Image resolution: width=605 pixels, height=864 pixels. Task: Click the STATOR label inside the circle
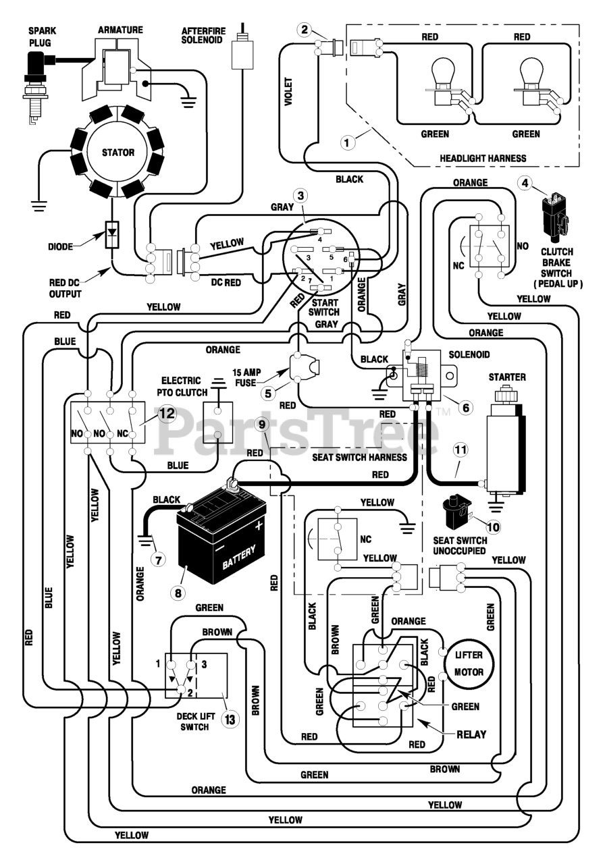coord(118,153)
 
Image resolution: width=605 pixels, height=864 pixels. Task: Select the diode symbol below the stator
coord(112,234)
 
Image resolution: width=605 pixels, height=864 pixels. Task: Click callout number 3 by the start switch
coord(300,196)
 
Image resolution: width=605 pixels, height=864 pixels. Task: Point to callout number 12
coord(167,414)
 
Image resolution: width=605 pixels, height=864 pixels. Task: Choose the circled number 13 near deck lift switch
coord(230,720)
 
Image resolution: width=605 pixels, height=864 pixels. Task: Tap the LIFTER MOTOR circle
coord(469,664)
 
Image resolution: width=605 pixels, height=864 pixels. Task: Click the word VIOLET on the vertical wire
coord(288,91)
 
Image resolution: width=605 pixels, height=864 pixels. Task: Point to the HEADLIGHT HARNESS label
coord(483,158)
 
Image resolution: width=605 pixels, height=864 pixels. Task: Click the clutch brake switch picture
coord(556,216)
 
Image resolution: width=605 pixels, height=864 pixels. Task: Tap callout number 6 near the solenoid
coord(466,408)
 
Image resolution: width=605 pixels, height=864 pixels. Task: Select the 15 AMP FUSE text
coord(247,377)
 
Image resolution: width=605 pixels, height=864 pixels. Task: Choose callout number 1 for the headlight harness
coord(347,142)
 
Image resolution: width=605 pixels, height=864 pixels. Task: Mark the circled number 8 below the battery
coord(178,593)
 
